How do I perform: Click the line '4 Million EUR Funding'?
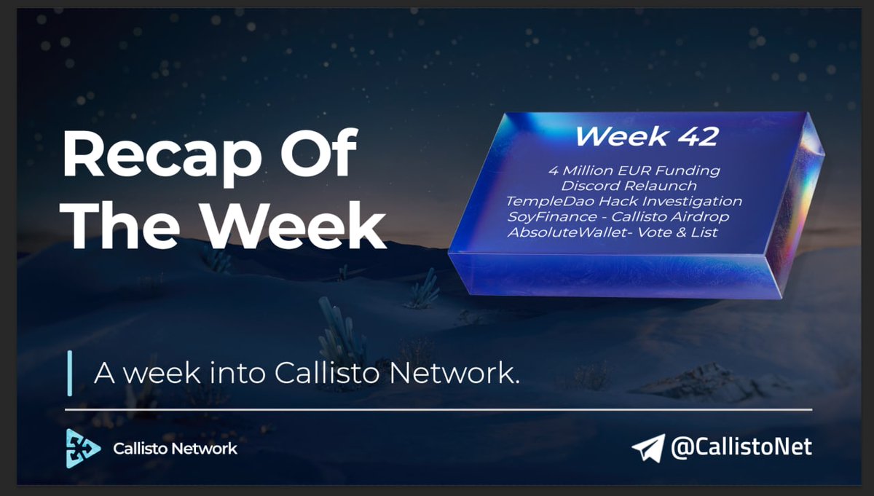(634, 171)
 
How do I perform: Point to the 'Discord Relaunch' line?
(629, 186)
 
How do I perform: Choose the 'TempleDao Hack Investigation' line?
(625, 201)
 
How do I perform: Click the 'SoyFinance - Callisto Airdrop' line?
(618, 216)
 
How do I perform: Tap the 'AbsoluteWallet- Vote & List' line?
(613, 232)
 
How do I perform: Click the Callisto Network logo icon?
(83, 447)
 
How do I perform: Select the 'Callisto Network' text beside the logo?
(175, 449)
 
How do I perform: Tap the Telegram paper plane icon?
(647, 447)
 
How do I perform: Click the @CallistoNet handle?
(741, 446)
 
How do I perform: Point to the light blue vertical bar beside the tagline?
(70, 373)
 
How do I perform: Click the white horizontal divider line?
(437, 410)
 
